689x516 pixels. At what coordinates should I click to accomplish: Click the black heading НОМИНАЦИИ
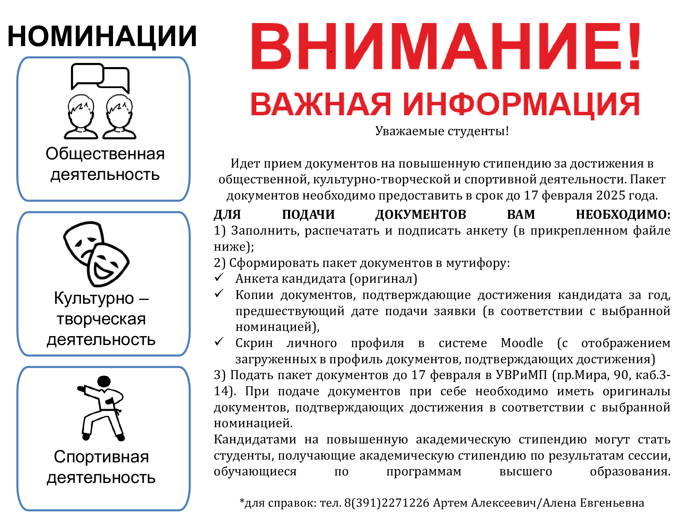click(x=102, y=36)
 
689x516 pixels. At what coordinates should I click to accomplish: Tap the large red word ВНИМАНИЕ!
click(x=445, y=46)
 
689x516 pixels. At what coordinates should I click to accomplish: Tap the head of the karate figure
click(x=104, y=381)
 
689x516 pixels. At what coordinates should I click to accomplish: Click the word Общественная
click(x=105, y=154)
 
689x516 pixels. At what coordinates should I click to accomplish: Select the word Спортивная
click(x=101, y=457)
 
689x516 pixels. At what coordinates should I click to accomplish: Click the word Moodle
click(x=522, y=343)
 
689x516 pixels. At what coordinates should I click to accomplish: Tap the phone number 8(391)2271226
click(x=387, y=503)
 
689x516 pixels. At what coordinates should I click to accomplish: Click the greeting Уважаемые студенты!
click(x=442, y=131)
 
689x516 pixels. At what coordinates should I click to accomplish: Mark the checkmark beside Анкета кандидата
click(x=219, y=277)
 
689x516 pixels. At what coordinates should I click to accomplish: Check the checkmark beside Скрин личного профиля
click(x=219, y=342)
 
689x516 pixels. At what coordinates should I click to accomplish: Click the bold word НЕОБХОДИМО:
click(x=623, y=215)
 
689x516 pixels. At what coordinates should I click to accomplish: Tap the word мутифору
click(x=478, y=263)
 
